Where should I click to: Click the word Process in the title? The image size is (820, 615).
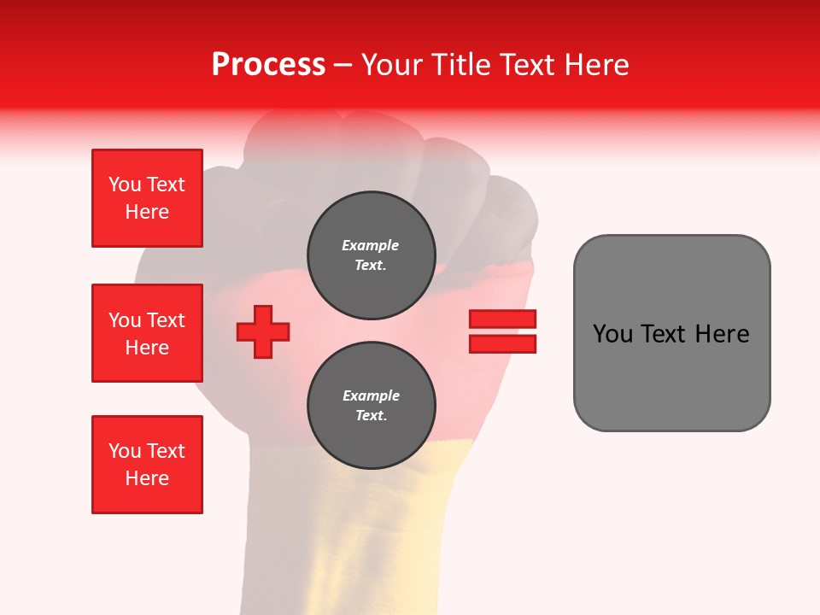point(268,65)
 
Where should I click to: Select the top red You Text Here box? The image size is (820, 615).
point(147,198)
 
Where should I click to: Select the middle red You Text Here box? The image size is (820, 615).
point(147,333)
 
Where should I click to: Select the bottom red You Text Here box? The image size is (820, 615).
point(147,465)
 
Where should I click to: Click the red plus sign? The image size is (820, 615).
point(263,332)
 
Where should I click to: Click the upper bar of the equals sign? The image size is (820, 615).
point(502,319)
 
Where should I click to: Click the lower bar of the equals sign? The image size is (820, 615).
point(502,344)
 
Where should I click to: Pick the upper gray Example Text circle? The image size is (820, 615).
point(371,255)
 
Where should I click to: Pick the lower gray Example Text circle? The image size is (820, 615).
point(371,406)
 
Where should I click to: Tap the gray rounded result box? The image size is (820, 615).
point(671,333)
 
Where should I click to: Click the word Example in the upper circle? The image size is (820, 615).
point(371,245)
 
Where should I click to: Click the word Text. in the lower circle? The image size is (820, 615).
point(371,416)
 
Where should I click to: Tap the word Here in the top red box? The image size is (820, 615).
point(147,212)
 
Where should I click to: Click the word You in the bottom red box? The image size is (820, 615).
point(125,451)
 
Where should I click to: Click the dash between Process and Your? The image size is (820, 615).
point(343,65)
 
